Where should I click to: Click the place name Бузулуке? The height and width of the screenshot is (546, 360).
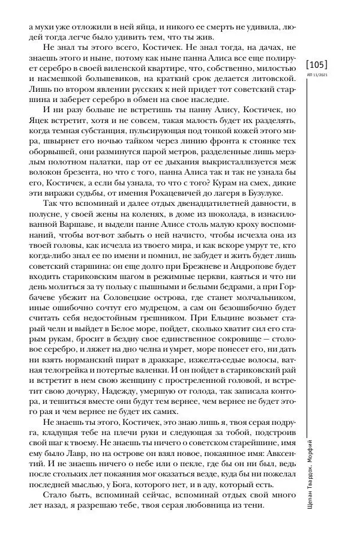point(272,192)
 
